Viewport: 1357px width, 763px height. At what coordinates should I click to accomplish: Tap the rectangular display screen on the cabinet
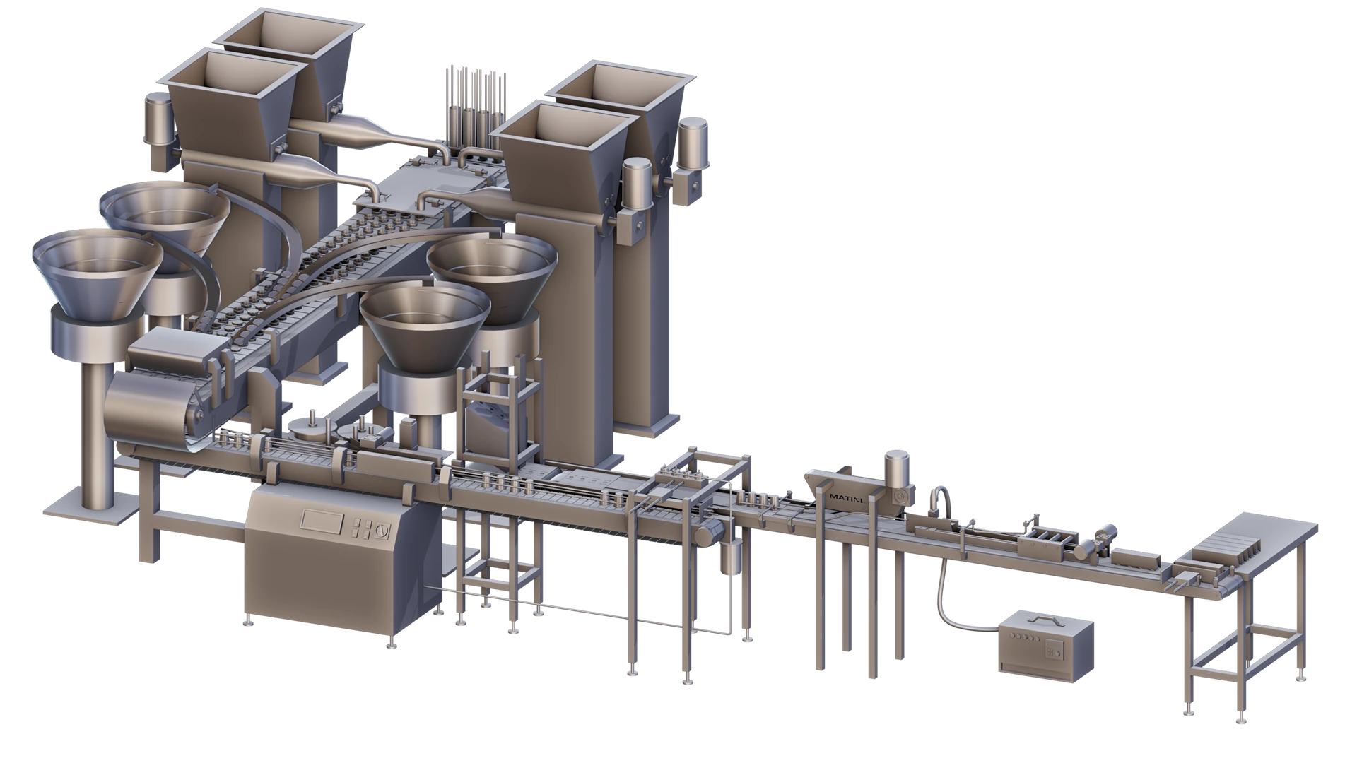click(x=322, y=519)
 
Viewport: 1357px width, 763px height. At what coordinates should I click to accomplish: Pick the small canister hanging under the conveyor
click(x=730, y=557)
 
